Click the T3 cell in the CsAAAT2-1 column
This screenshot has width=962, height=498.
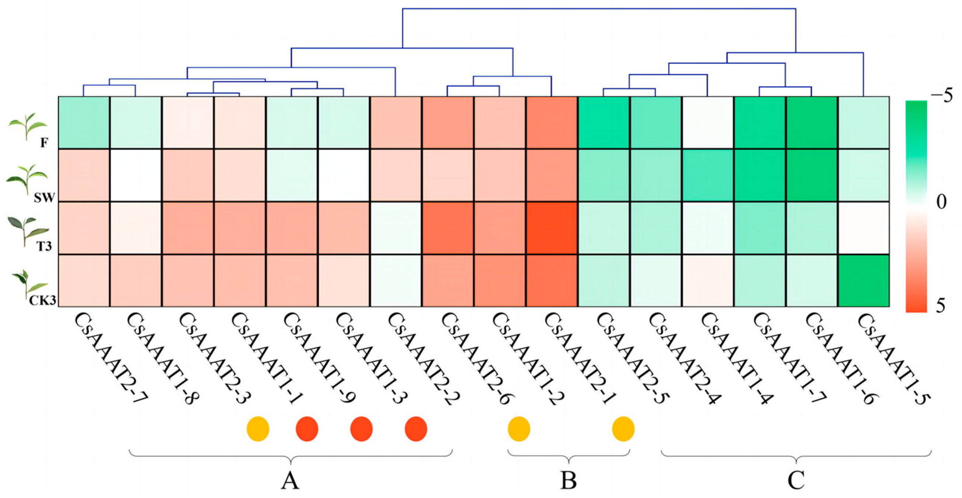click(552, 228)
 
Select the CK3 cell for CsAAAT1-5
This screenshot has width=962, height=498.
click(864, 281)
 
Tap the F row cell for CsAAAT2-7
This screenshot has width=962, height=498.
click(84, 123)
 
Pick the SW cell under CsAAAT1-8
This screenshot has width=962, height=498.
click(136, 175)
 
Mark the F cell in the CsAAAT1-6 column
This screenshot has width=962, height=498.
click(812, 123)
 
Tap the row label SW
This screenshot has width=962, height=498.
click(44, 198)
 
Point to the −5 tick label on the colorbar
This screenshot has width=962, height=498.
click(942, 96)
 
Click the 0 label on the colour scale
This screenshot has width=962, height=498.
click(941, 202)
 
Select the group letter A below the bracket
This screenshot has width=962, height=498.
click(290, 480)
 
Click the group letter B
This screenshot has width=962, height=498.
click(568, 480)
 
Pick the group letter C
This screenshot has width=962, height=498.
click(796, 480)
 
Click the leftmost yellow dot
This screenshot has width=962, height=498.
click(258, 429)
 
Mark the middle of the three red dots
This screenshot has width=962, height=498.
click(361, 429)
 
